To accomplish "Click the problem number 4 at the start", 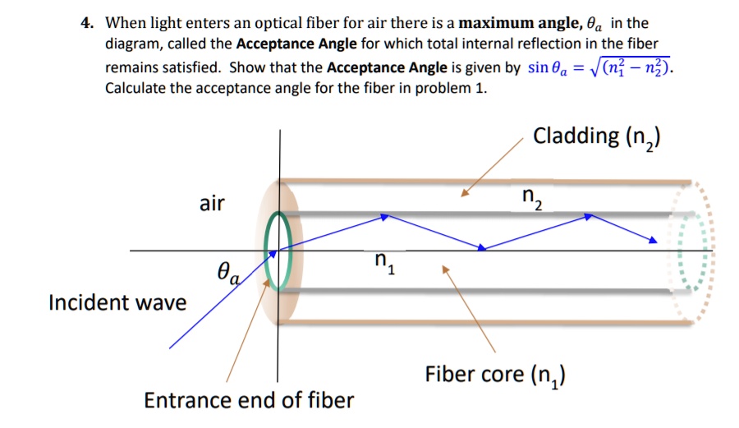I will [x=85, y=24].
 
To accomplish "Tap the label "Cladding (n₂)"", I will [x=597, y=136].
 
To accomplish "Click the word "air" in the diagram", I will [x=212, y=203].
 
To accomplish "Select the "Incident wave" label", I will [x=117, y=302].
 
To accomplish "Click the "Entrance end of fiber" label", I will [x=249, y=400].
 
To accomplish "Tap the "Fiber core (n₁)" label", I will [x=498, y=375].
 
